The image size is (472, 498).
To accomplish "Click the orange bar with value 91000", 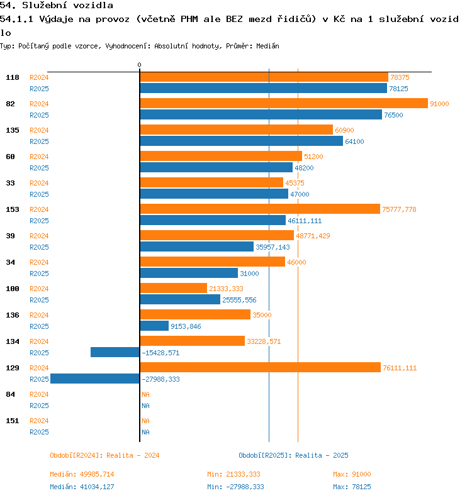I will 283,104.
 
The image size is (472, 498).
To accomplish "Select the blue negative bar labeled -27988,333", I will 95,379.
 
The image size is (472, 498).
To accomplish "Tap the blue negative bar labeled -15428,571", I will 115,352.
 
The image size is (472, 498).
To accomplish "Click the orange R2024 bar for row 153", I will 260,209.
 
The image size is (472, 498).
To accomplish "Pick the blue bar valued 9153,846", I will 154,326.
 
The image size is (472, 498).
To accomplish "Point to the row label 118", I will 13,77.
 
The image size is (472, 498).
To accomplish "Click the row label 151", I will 13,421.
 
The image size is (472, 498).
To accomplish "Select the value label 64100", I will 354,141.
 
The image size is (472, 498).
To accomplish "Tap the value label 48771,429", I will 313,236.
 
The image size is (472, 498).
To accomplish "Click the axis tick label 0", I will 140,65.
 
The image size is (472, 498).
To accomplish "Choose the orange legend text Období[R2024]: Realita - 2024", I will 104,455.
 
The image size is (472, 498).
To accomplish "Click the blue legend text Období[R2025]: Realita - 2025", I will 293,455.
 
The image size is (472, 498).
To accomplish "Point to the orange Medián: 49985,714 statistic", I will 82,474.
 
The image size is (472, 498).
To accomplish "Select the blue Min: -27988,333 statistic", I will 235,487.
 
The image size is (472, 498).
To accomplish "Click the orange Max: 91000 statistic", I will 352,474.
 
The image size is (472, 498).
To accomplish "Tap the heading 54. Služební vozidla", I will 57,6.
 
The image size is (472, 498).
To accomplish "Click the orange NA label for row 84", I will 145,394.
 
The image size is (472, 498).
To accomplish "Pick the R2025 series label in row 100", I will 40,300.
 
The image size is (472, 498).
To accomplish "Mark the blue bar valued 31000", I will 189,273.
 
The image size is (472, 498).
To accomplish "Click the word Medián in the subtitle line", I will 268,47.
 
